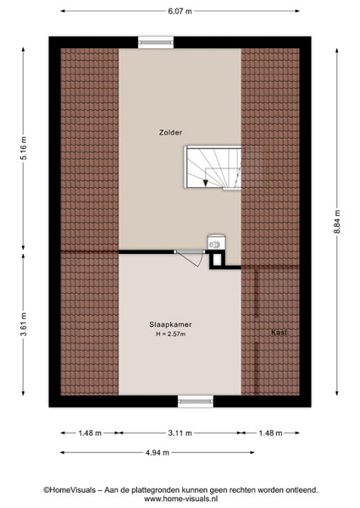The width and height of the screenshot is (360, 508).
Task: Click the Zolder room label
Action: pos(170,132)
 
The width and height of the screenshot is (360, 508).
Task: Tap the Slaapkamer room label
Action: pos(170,324)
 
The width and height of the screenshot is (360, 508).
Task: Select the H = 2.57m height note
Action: pos(171,334)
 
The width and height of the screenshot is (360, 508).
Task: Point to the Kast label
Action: pos(279,332)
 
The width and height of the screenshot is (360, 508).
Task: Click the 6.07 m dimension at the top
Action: pos(180,11)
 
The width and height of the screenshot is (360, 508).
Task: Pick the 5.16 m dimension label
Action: pos(24,149)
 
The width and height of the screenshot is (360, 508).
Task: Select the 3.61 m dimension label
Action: pos(24,324)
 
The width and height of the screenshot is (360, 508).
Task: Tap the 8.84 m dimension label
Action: pos(337,222)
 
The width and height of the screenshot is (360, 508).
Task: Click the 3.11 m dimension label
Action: pos(180,433)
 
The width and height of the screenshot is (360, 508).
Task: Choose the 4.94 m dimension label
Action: pos(158,453)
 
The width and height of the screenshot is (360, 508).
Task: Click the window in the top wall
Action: pos(156,42)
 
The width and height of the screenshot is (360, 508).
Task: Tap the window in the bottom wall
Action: pos(196,401)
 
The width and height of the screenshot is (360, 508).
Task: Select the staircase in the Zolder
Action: pos(213,167)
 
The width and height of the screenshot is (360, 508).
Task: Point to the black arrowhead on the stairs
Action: pos(205,184)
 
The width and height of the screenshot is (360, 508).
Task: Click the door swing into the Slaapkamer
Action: pos(191,258)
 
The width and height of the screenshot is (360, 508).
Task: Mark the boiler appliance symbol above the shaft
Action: pos(217,242)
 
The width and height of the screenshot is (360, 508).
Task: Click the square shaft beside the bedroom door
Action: pos(217,260)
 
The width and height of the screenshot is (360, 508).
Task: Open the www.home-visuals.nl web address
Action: pos(180,499)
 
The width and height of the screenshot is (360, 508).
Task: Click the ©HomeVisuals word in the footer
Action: pos(69,490)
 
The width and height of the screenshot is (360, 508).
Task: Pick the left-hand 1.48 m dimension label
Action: pos(90,433)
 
